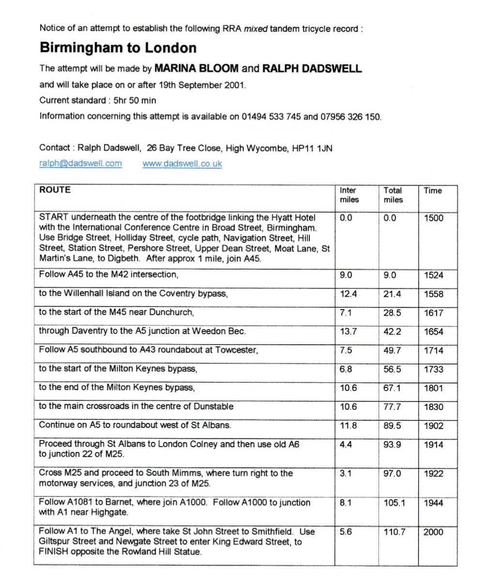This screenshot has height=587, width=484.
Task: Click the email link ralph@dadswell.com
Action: tap(80, 164)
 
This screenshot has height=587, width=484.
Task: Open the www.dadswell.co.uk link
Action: tap(182, 164)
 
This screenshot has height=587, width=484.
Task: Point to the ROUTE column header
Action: tap(55, 190)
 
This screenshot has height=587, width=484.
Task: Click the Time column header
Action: tap(433, 191)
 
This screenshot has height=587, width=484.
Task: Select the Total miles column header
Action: tap(393, 195)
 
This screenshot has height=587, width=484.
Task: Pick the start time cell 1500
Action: tap(433, 218)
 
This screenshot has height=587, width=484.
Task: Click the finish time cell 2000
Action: tap(433, 532)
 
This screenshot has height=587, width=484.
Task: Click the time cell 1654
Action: tap(433, 332)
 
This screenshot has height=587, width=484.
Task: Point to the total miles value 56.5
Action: tap(392, 369)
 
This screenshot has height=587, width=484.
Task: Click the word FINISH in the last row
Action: tap(54, 552)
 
